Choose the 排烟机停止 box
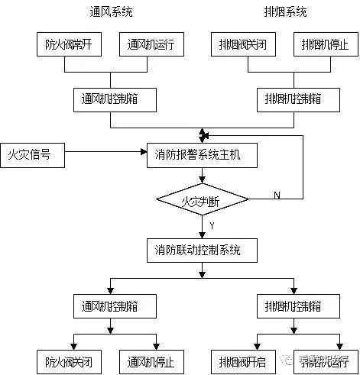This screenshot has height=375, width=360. [325, 46]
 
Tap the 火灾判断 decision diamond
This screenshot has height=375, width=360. [202, 200]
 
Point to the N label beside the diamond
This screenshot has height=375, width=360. [276, 196]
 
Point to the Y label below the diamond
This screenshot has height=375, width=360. [211, 227]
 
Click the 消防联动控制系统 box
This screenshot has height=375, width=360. [202, 250]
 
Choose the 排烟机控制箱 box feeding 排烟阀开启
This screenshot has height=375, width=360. [294, 306]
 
